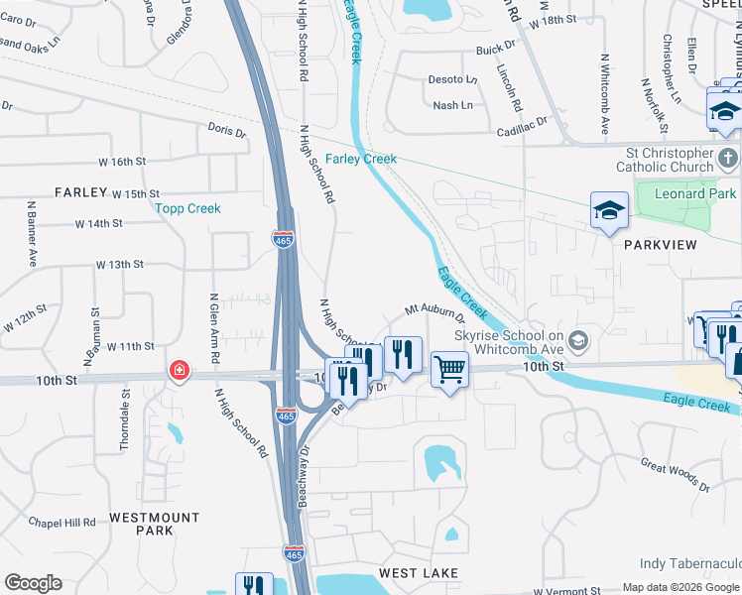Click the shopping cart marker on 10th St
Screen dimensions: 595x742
tap(449, 369)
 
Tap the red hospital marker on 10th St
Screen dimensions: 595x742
tap(179, 371)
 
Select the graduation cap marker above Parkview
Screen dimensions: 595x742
tap(609, 210)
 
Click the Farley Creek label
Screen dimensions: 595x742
tap(361, 159)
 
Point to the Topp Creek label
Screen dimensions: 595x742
tap(187, 208)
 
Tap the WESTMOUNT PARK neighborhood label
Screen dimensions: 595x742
tap(155, 524)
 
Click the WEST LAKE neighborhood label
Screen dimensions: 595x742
tap(418, 573)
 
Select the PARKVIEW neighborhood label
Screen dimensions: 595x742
tap(661, 244)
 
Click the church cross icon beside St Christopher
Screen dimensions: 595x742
tap(727, 158)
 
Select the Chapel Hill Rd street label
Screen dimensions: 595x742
tap(62, 522)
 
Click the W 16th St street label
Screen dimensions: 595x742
tap(121, 162)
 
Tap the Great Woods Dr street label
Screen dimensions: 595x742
tap(675, 474)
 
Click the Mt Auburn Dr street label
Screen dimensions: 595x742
tap(434, 313)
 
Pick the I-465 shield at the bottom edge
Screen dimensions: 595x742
tap(295, 550)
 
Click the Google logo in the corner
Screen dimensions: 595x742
tap(33, 583)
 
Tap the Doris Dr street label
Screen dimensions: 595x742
tap(226, 131)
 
